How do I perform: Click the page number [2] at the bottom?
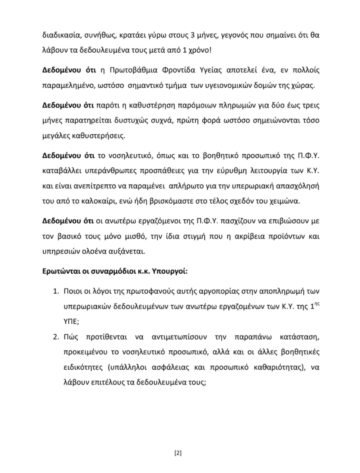pyautogui.click(x=178, y=453)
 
